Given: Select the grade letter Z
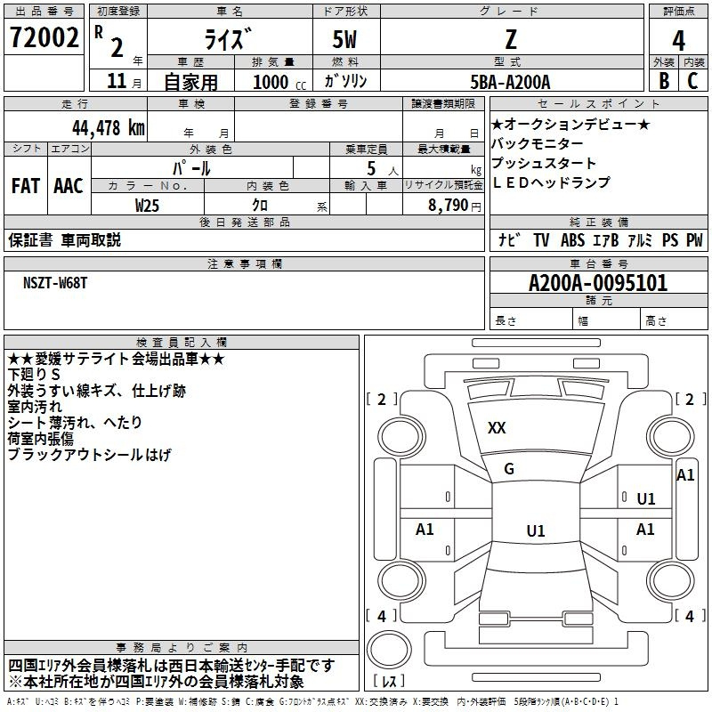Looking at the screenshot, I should (510, 39).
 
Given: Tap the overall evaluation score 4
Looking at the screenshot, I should (678, 39).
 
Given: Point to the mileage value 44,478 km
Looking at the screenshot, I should (99, 127).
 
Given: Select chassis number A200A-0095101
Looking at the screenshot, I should (597, 284).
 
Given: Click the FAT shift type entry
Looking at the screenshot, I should (26, 186).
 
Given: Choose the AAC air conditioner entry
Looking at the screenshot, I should (69, 186).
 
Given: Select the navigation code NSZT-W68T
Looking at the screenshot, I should (55, 282).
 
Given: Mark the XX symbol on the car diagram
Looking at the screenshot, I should (497, 428).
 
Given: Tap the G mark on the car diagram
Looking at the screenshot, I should (509, 469).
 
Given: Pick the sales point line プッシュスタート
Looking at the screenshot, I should (544, 163).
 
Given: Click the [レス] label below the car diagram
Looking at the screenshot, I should (389, 682).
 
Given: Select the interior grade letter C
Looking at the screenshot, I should (692, 81).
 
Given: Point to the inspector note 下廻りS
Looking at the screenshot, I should (34, 375).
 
